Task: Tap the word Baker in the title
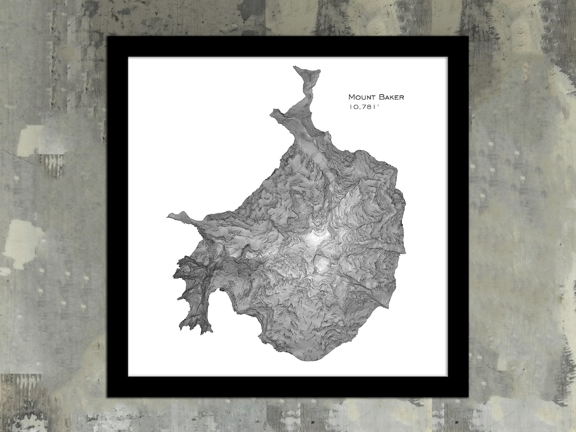390,97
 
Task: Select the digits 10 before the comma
354,107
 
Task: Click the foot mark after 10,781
378,106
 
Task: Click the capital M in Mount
351,97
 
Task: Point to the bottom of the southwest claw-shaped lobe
203,332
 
